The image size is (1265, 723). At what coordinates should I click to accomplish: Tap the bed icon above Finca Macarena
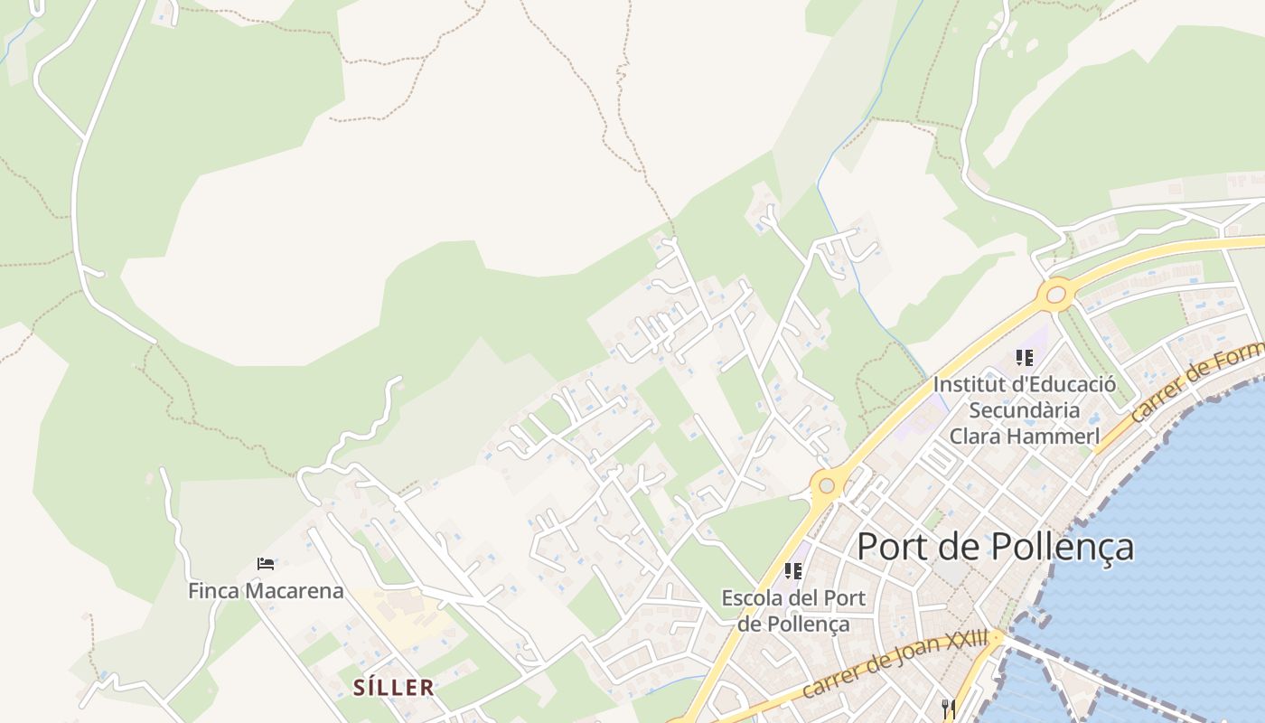[266, 564]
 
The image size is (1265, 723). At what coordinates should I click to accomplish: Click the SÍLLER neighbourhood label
[393, 688]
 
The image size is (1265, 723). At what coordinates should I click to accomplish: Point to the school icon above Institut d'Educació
[1024, 358]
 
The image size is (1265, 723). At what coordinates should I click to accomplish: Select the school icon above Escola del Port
[793, 571]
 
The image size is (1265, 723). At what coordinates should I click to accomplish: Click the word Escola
[755, 598]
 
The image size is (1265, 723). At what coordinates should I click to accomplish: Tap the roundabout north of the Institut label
[1055, 294]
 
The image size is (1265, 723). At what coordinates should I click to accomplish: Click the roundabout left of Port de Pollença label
[825, 485]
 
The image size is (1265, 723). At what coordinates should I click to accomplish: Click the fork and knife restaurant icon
[948, 709]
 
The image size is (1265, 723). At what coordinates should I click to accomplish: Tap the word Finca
[214, 591]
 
